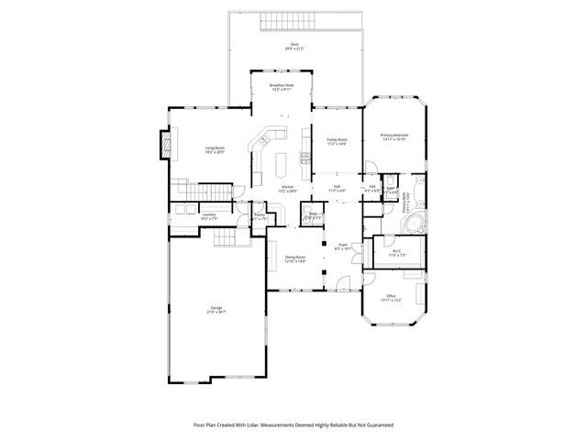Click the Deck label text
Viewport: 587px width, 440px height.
coord(293,44)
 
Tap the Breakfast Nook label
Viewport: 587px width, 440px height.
coord(282,85)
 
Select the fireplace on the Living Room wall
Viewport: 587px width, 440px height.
coord(166,144)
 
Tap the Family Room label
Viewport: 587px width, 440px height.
coord(337,139)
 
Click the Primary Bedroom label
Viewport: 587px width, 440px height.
coord(393,135)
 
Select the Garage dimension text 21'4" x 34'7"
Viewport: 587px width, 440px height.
coord(216,313)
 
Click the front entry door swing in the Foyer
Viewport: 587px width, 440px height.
coord(342,280)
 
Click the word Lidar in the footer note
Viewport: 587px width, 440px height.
coord(260,424)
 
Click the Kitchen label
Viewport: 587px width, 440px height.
coord(287,187)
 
